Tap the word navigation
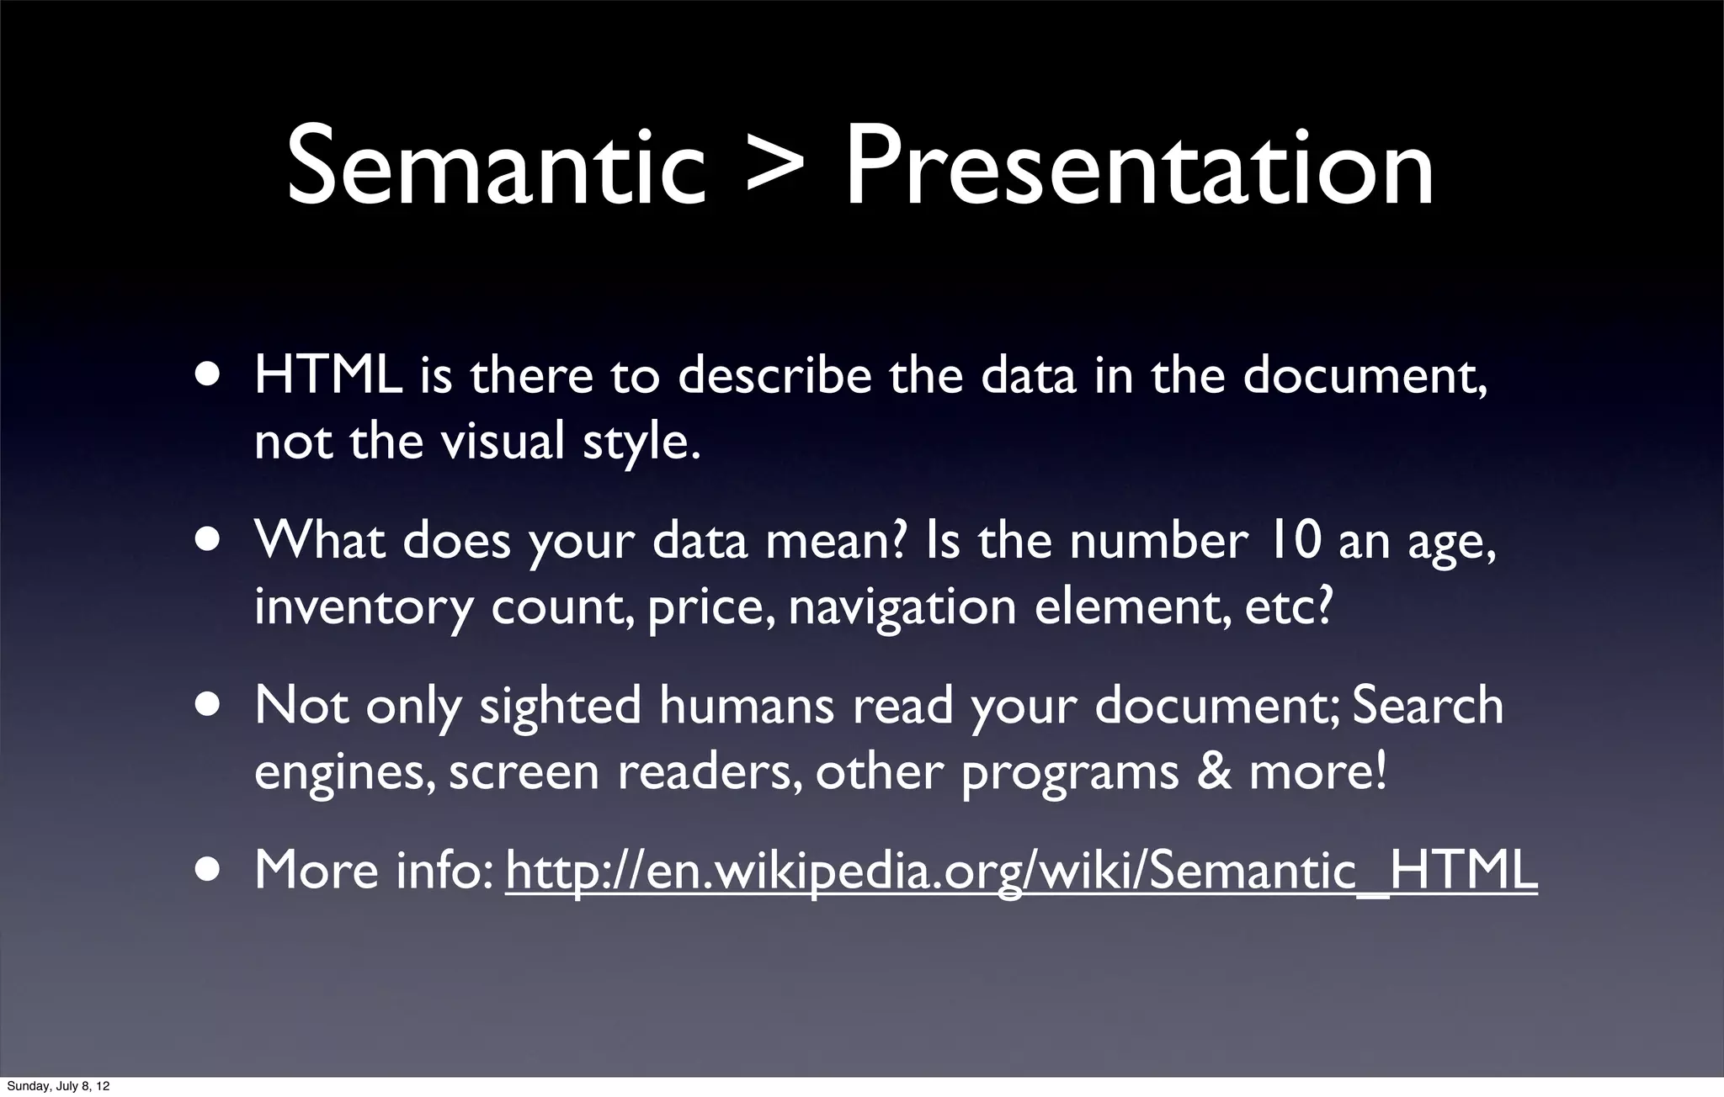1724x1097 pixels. pos(902,607)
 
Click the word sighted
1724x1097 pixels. pos(560,707)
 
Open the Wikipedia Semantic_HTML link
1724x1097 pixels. pos(1021,872)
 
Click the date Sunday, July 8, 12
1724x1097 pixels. pos(58,1086)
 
